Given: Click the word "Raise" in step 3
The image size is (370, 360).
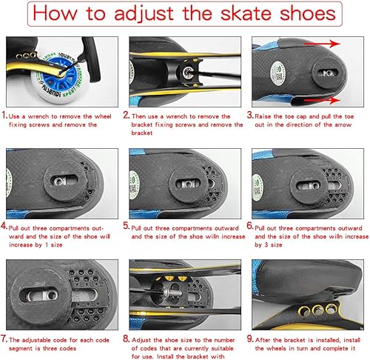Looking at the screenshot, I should click(x=268, y=116).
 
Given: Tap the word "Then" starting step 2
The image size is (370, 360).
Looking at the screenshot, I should click(x=144, y=116).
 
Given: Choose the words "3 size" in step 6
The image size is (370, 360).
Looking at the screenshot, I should click(x=274, y=244).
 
